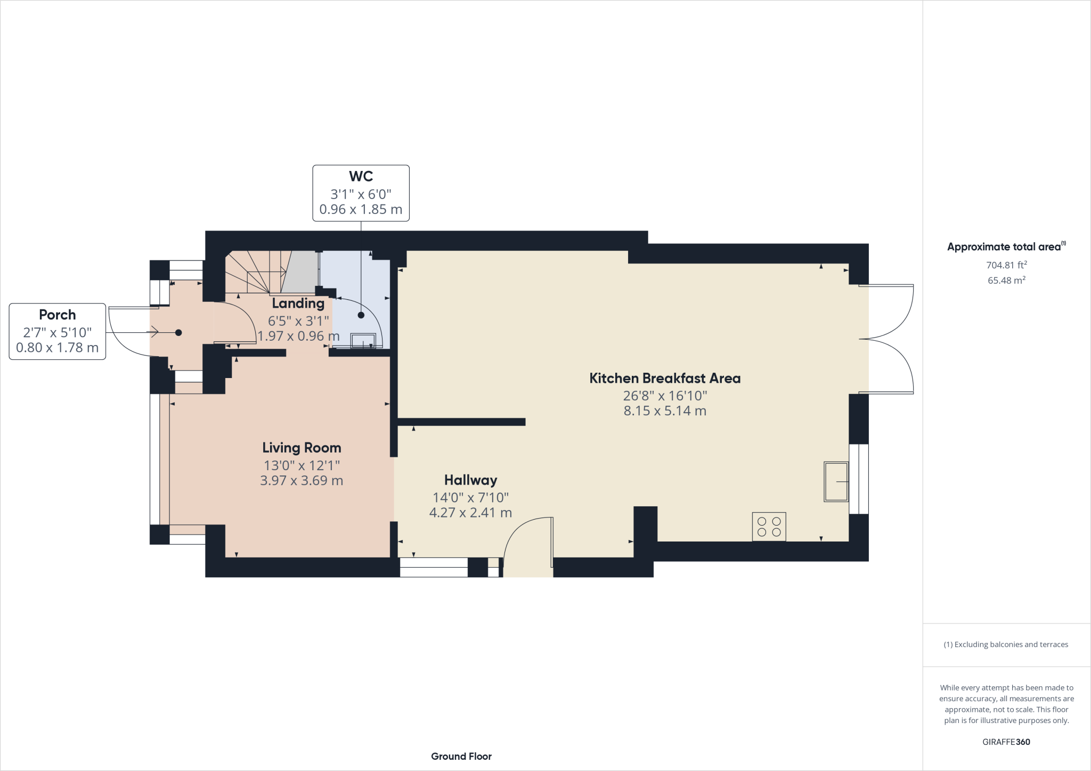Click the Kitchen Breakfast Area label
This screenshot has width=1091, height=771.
[x=665, y=379]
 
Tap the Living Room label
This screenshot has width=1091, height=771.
[x=302, y=448]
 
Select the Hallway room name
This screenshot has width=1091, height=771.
[x=471, y=480]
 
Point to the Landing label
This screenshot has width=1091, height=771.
[x=298, y=304]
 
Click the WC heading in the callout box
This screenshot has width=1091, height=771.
[x=361, y=176]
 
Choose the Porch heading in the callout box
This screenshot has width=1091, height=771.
[x=58, y=315]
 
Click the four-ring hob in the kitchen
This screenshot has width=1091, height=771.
[x=769, y=527]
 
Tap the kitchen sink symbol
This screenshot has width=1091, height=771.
[x=836, y=481]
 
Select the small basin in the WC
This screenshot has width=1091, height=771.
[x=363, y=340]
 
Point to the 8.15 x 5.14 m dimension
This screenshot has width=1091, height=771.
[x=665, y=411]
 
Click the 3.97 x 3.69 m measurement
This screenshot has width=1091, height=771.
[x=302, y=481]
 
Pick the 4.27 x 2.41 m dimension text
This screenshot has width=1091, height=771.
[x=471, y=513]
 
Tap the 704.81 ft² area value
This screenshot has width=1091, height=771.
[x=1007, y=265]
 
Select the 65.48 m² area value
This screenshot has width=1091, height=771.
[x=1007, y=281]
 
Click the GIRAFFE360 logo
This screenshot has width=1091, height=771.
[x=1006, y=742]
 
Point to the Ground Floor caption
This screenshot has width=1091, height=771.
[x=461, y=756]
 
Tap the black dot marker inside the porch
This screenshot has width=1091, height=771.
[x=178, y=333]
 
